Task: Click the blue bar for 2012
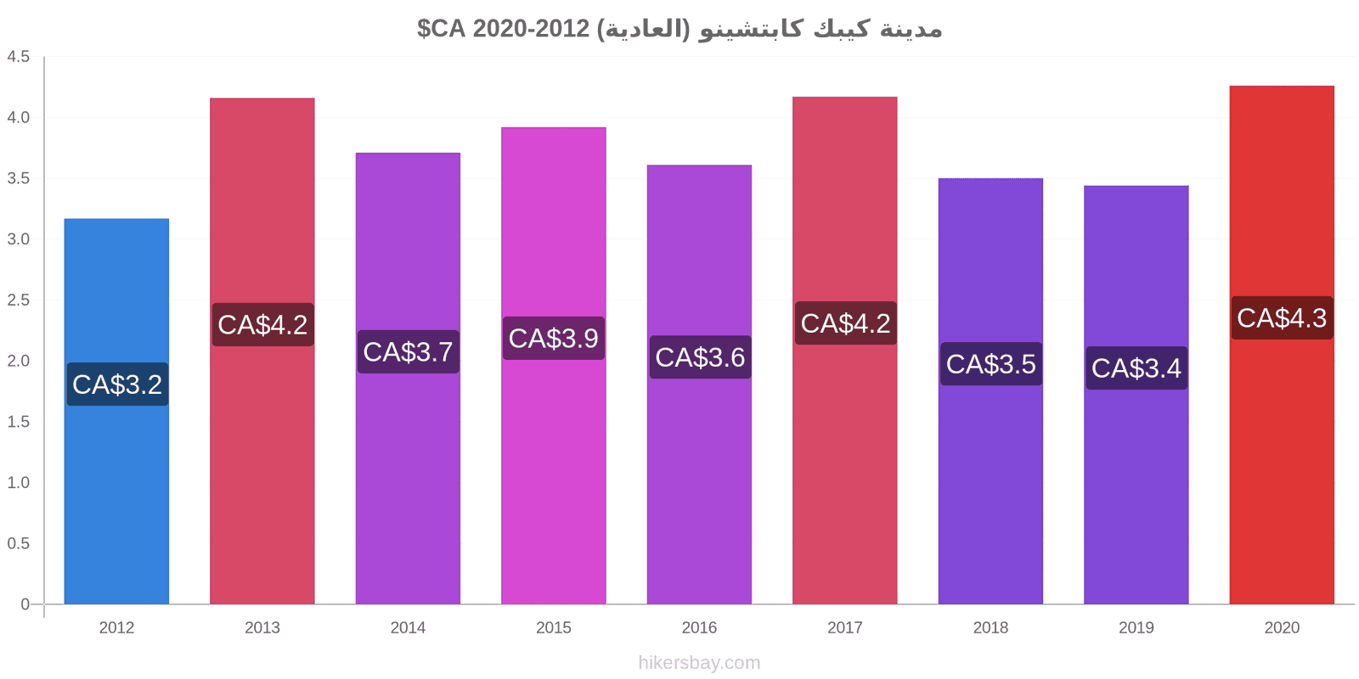tap(116, 411)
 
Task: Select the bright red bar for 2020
tap(1282, 345)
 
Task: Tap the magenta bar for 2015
tap(553, 366)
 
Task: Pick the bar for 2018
tap(990, 391)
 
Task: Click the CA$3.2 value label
tap(117, 384)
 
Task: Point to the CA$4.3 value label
tap(1282, 317)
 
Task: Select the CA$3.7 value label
tap(409, 351)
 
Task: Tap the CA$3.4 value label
tap(1136, 368)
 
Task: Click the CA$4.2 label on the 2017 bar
tap(846, 323)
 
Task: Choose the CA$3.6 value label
tap(700, 357)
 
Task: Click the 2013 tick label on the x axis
tap(262, 627)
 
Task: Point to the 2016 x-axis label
tap(699, 627)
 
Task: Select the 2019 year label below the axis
tap(1136, 627)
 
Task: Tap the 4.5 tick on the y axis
tap(18, 56)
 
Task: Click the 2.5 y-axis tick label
tap(18, 300)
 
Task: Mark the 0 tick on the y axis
tap(25, 603)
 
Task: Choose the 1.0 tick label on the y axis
tap(18, 483)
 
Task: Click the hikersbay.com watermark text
tap(699, 663)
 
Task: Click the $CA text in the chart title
tap(441, 29)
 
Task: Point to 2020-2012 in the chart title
tap(531, 29)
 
